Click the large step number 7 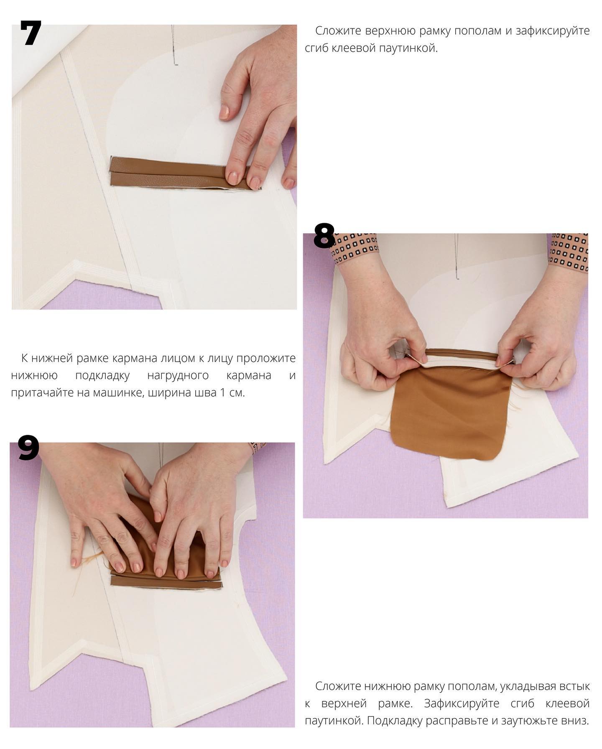[31, 33]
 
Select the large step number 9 [28, 447]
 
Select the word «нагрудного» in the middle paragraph [178, 375]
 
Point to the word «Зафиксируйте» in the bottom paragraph [462, 703]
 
